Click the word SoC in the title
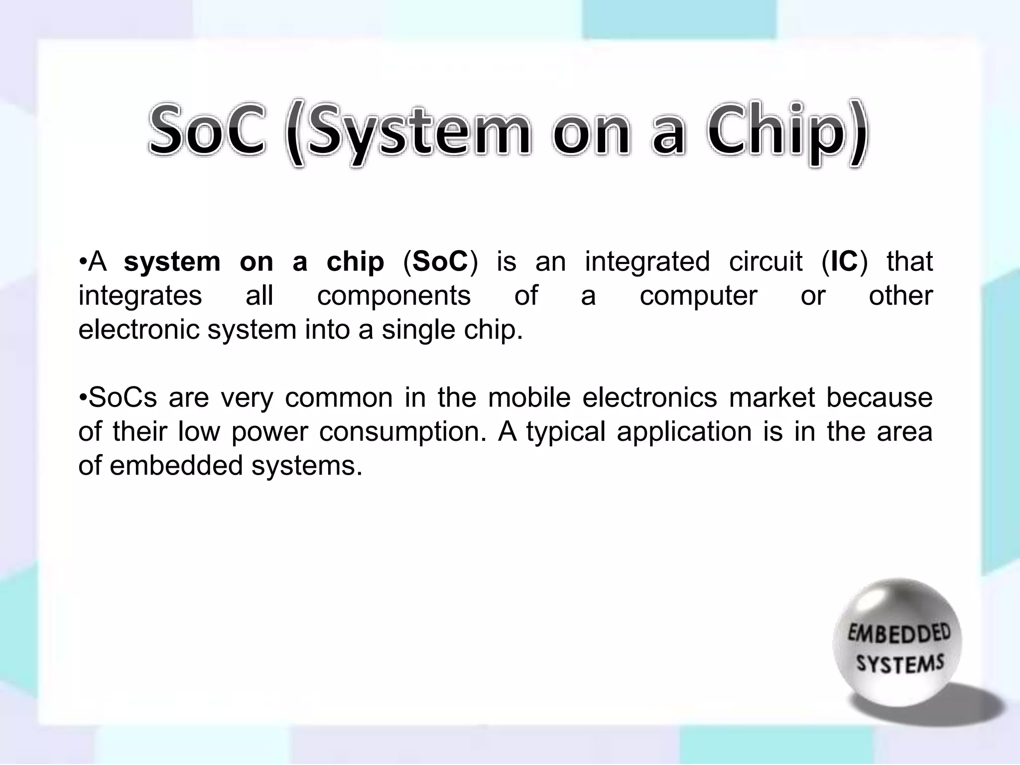tap(207, 130)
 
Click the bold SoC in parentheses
tap(440, 261)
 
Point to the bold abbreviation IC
tap(844, 261)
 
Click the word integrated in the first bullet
tap(647, 261)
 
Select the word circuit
tap(765, 261)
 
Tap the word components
tap(393, 296)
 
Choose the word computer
tap(698, 297)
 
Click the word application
tap(684, 432)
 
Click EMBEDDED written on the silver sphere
tap(898, 635)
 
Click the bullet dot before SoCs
tap(83, 397)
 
